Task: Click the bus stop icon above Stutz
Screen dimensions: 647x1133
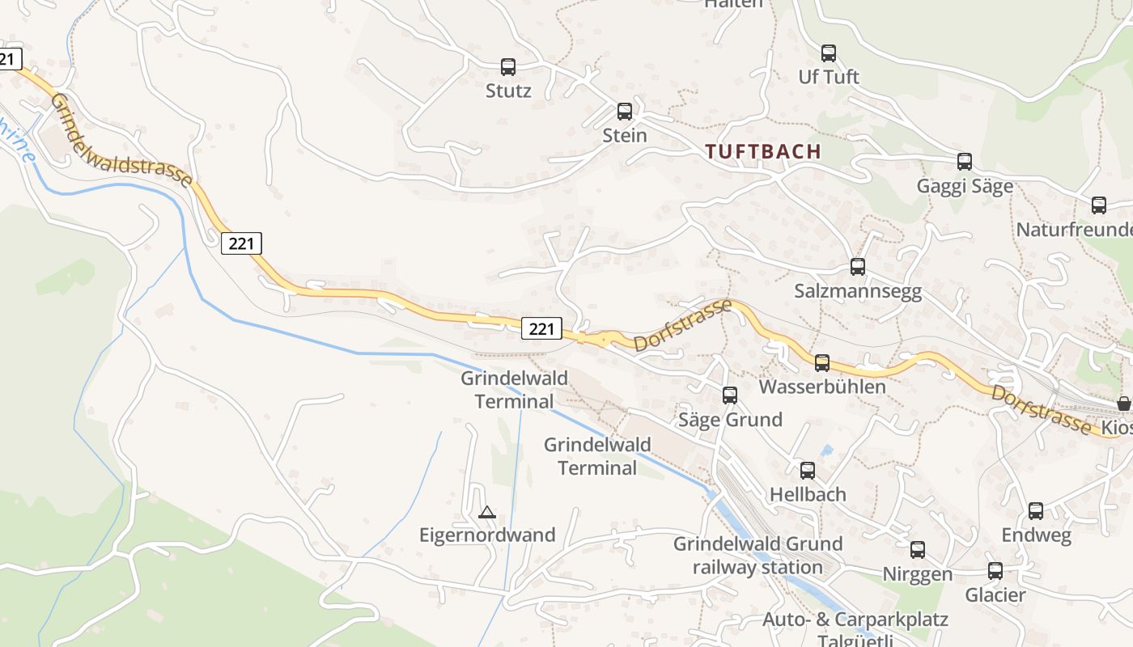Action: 508,67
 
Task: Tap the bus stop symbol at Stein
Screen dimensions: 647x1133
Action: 625,112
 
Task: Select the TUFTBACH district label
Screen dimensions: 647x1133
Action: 763,151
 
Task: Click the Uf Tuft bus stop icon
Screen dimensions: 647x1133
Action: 829,53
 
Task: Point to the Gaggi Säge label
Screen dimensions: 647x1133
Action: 965,186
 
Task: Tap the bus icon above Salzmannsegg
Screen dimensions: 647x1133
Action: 858,267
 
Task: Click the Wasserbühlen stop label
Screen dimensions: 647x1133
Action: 822,387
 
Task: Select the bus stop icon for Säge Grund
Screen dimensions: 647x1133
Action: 730,395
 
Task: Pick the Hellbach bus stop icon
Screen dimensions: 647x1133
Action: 808,471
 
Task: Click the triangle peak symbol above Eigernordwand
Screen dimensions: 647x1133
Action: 486,512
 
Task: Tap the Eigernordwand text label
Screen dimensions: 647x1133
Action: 487,535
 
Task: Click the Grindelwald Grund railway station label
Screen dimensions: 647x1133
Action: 757,555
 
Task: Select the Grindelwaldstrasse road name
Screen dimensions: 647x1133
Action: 121,140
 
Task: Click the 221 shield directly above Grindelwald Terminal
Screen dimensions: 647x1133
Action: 541,328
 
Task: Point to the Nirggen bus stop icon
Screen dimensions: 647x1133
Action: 918,550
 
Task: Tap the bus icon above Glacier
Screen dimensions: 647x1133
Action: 995,571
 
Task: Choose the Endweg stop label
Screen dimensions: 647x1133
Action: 1036,535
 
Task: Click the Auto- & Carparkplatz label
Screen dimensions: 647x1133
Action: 855,620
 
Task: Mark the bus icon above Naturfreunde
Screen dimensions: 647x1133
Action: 1099,205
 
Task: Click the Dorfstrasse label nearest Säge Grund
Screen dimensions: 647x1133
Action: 683,325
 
